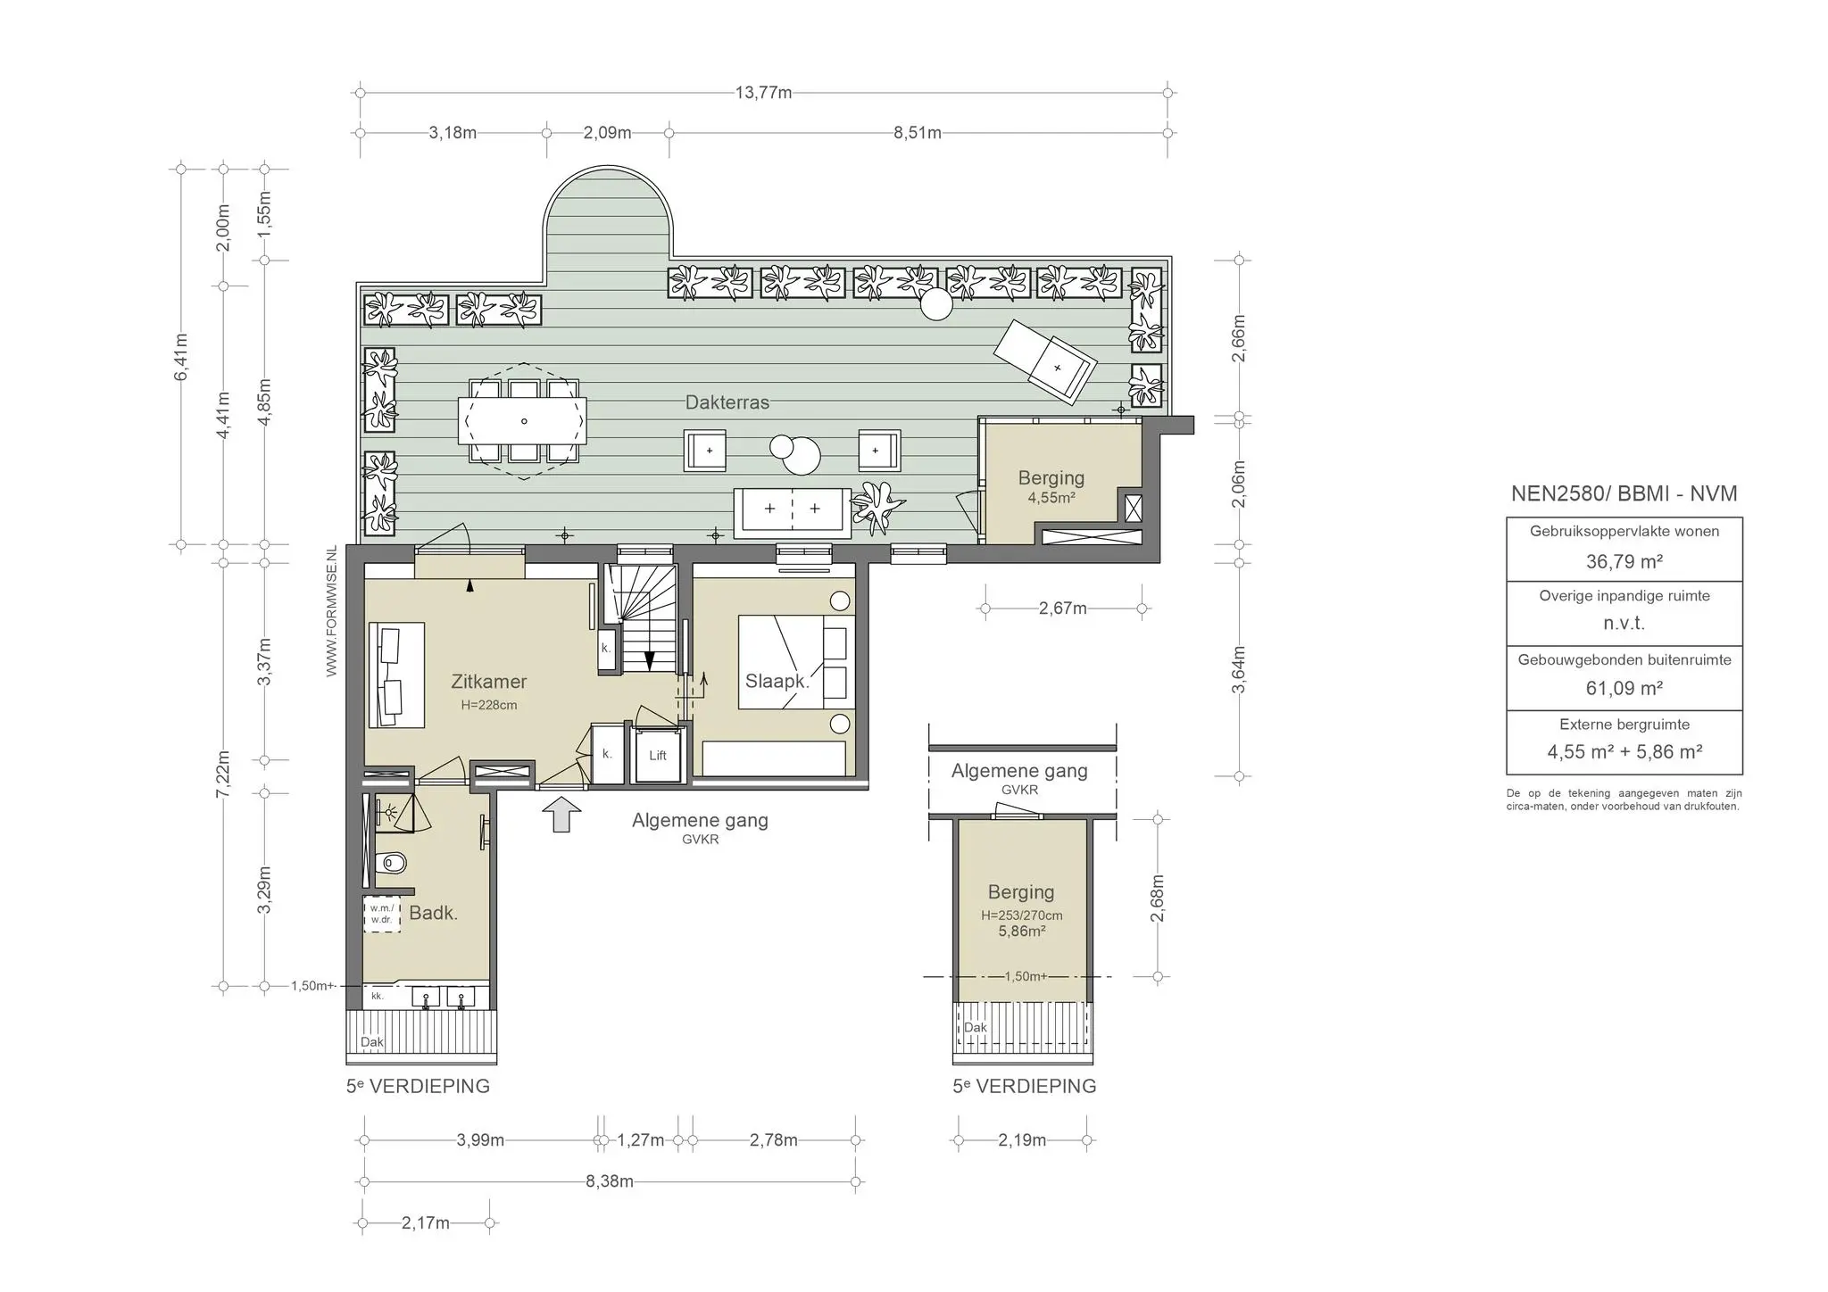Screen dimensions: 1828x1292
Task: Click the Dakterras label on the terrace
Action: tap(727, 402)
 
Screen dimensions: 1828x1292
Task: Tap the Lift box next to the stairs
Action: tap(658, 755)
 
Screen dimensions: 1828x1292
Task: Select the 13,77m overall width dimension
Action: tap(763, 93)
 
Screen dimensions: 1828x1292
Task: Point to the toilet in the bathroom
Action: tap(392, 863)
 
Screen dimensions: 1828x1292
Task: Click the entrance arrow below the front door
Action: tap(561, 814)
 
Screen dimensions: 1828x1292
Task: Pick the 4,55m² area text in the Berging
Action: tap(1051, 498)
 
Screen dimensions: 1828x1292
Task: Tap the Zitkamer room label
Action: tap(488, 682)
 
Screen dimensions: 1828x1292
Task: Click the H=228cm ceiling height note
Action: tap(489, 705)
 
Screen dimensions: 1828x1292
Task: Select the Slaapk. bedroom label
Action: tap(777, 682)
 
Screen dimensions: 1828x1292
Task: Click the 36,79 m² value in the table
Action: tap(1624, 562)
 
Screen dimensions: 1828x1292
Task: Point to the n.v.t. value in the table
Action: tap(1624, 624)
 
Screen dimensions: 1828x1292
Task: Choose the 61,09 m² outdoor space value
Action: tap(1624, 688)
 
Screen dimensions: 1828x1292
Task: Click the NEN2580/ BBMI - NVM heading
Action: tap(1624, 493)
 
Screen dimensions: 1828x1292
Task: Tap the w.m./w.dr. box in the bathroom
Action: tap(382, 914)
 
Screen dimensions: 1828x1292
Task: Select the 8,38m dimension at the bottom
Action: tap(610, 1181)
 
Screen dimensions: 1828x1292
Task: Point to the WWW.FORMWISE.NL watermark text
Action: tap(331, 611)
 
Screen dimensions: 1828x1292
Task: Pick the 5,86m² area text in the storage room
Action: tap(1022, 931)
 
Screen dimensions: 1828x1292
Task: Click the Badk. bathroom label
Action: tap(434, 913)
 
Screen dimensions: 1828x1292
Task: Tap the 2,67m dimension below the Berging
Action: tap(1063, 609)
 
